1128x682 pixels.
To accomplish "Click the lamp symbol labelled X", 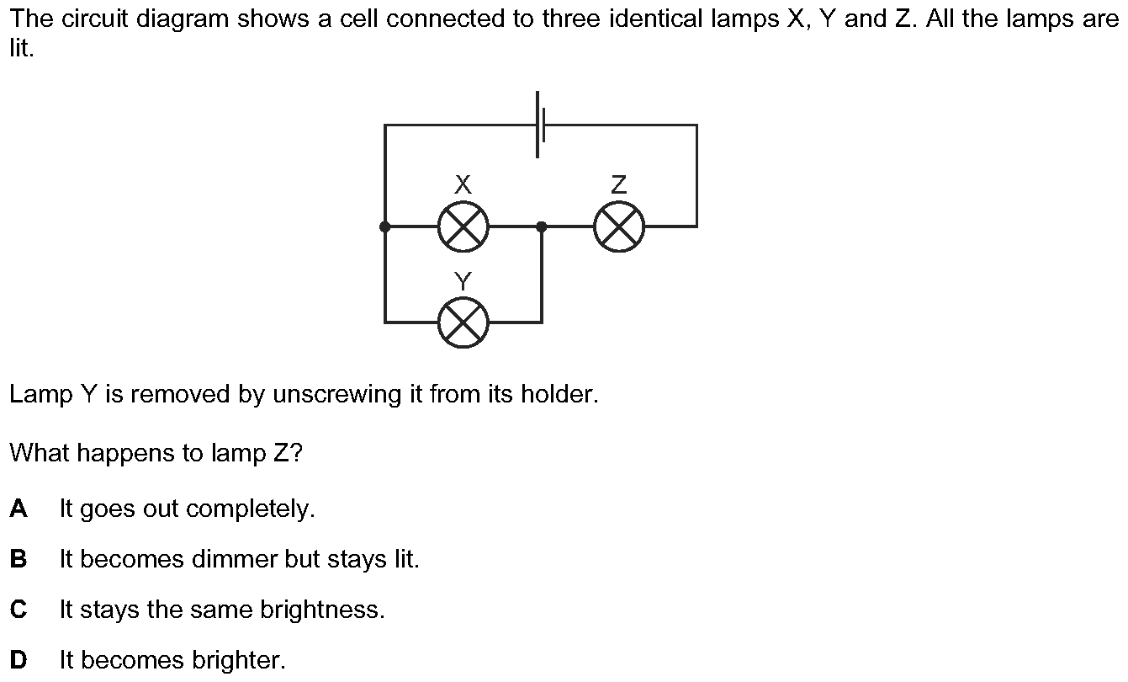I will pos(463,226).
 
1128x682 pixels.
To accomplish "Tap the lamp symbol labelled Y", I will pos(463,322).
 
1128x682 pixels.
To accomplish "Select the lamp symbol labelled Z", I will pos(619,226).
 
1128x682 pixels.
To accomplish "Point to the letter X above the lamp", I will pos(463,184).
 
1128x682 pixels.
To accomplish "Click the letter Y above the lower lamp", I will pos(463,280).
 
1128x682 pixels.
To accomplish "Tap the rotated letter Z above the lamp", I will pos(619,184).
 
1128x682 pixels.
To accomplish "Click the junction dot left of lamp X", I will pos(385,226).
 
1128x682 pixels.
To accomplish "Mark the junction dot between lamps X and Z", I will pos(541,226).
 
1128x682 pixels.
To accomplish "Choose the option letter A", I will pos(19,509).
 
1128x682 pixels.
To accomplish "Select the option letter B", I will pos(19,559).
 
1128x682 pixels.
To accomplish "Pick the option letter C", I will pos(19,610).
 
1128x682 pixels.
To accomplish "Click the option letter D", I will pos(19,660).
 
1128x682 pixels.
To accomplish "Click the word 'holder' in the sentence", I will pos(559,394).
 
